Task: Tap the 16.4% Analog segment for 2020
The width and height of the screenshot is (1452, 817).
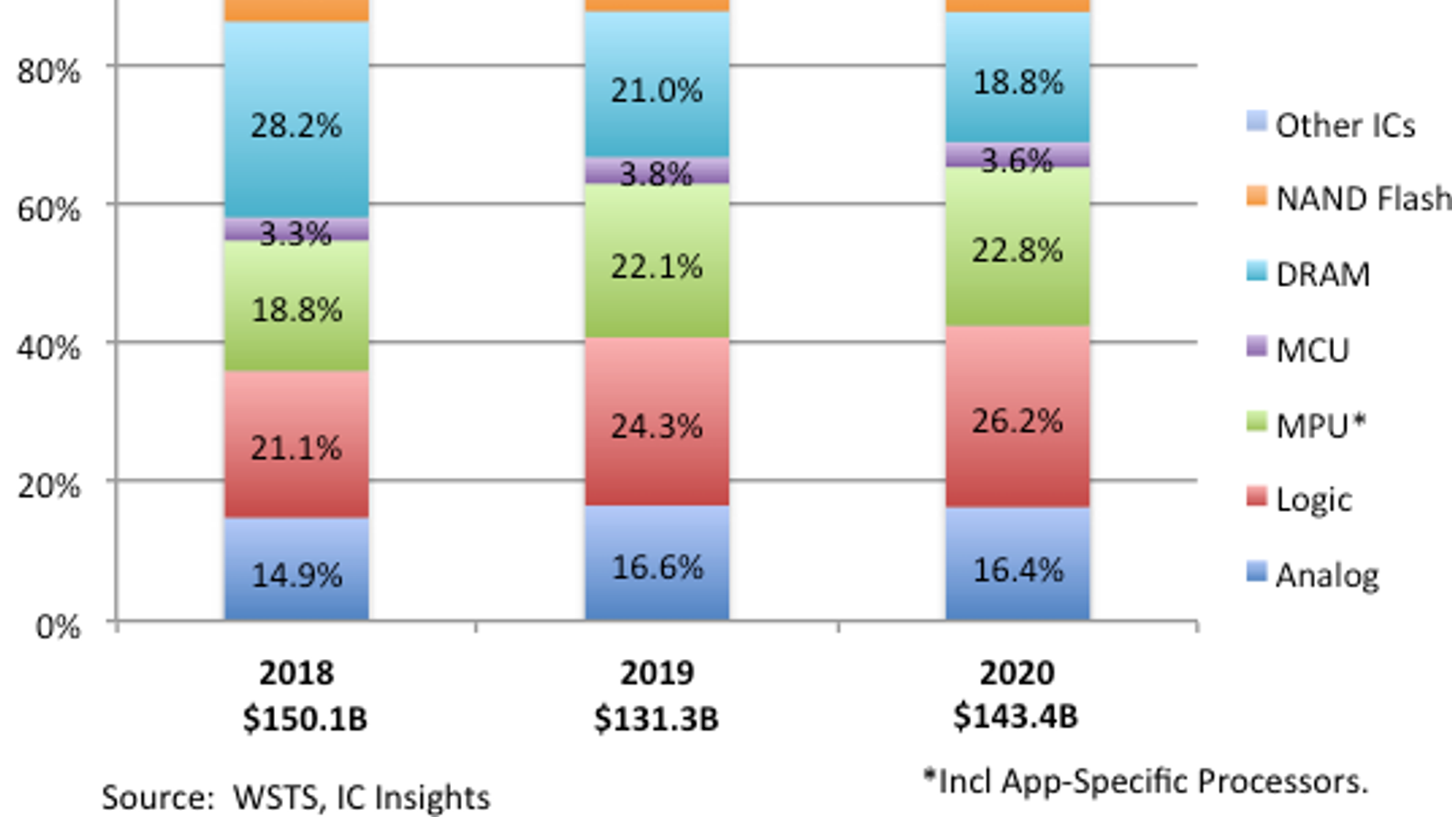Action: point(1017,568)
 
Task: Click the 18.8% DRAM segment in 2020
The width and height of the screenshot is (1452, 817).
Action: point(1017,82)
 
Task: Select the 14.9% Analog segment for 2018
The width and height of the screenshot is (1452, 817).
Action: point(296,573)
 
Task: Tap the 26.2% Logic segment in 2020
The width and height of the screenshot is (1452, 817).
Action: point(1017,419)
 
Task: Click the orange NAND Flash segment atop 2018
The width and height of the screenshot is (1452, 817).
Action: point(296,9)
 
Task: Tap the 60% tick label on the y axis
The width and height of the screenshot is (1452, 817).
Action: point(49,209)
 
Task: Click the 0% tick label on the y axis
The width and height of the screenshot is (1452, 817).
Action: point(58,626)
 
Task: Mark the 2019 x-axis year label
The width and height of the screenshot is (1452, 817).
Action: point(656,673)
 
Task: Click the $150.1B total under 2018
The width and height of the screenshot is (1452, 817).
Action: point(304,718)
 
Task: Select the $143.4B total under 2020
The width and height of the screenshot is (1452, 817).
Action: point(1015,715)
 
